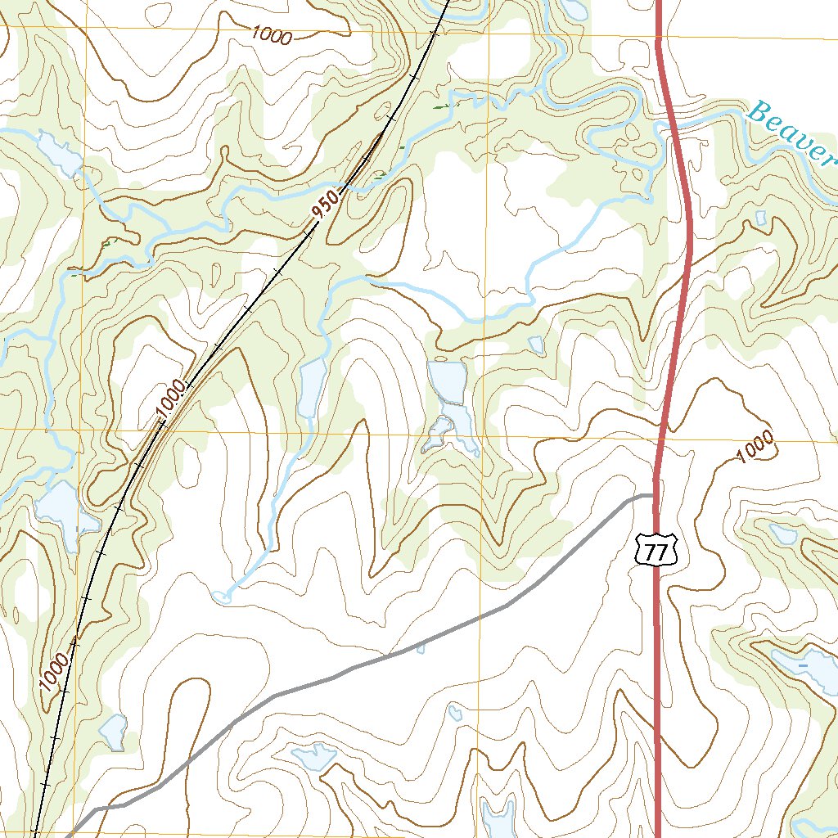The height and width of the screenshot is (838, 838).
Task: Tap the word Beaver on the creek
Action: pos(786,131)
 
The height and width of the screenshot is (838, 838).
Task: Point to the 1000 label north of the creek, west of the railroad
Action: pos(272,35)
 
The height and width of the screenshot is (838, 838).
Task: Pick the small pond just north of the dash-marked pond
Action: pos(782,534)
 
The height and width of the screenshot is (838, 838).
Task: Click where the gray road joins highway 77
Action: pos(652,495)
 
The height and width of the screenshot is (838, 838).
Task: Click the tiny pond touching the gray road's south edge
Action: pos(421,649)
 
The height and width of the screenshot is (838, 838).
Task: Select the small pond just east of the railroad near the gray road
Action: pos(113,731)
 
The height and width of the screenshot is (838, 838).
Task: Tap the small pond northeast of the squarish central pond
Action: pos(535,344)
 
